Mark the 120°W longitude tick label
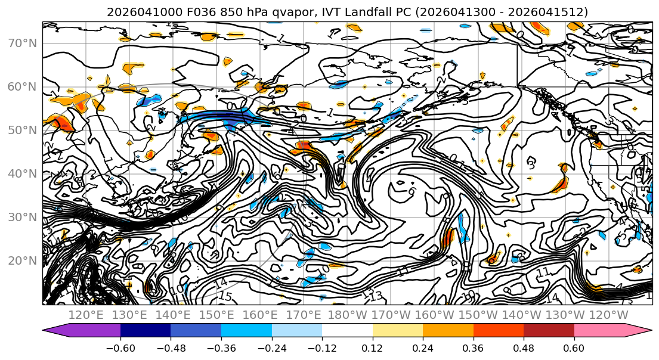pyautogui.click(x=608, y=315)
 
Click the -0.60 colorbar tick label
pyautogui.click(x=120, y=348)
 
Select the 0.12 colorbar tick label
pyautogui.click(x=372, y=348)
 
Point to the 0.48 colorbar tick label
pyautogui.click(x=524, y=348)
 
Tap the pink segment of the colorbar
pyautogui.click(x=605, y=330)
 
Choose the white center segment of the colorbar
pyautogui.click(x=347, y=330)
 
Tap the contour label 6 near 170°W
pyautogui.click(x=412, y=192)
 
